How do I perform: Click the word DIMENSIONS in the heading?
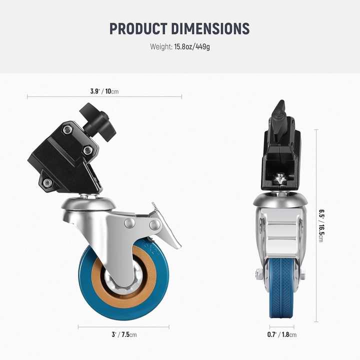tap(210, 28)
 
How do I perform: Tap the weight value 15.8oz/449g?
tap(192, 47)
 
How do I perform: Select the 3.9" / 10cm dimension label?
tap(104, 91)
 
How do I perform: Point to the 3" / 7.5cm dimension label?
tap(124, 334)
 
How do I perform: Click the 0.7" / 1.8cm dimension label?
tap(281, 334)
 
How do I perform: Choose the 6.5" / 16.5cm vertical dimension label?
tap(321, 225)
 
